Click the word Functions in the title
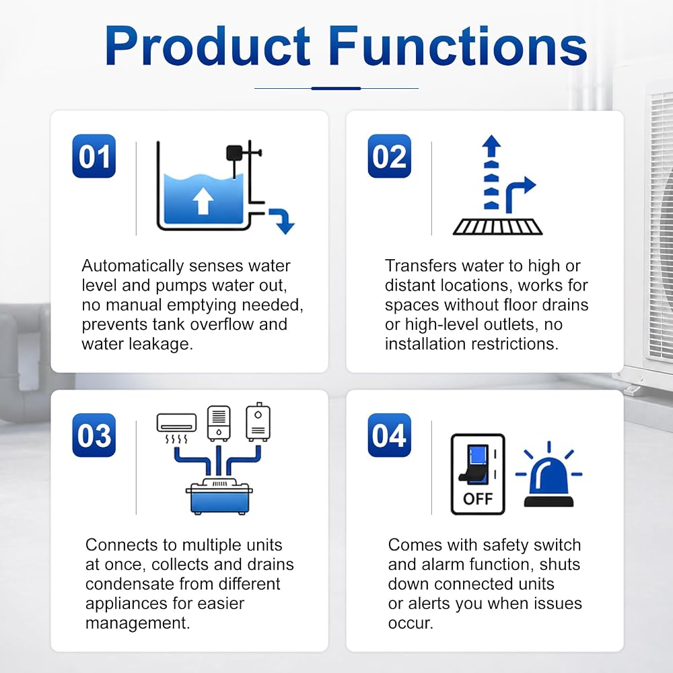click(458, 46)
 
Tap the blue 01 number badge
click(94, 156)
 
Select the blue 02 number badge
click(389, 156)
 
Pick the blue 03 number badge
click(94, 435)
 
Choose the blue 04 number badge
click(389, 435)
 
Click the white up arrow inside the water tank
click(203, 201)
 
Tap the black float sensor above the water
click(234, 153)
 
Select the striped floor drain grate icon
click(498, 227)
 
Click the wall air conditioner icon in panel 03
click(176, 423)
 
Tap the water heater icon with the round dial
click(258, 423)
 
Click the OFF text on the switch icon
click(478, 499)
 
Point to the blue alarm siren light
click(549, 476)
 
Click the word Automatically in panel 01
click(132, 266)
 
